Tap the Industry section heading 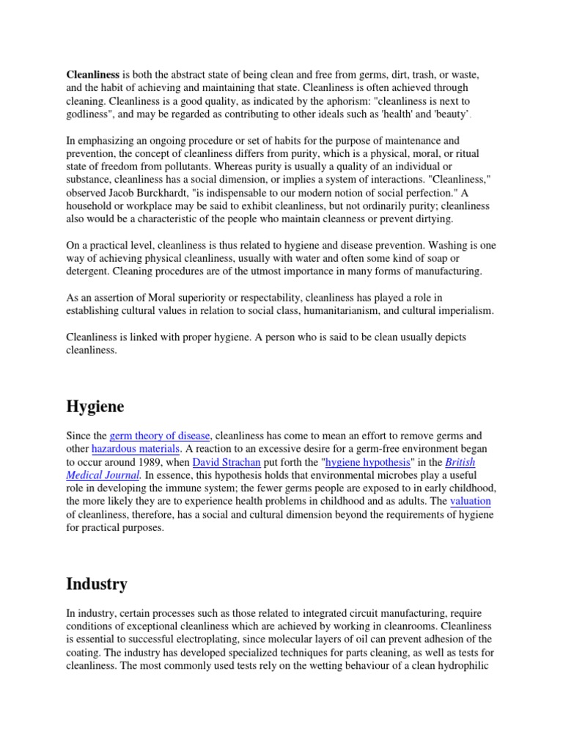coord(96,584)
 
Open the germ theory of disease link coord(161,436)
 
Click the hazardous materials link coord(136,448)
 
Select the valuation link coord(470,502)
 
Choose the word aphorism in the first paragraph coord(349,101)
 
